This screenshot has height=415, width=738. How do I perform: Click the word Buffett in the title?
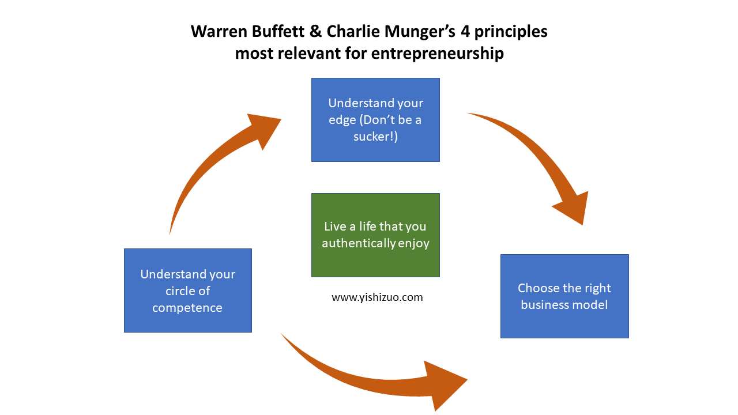278,32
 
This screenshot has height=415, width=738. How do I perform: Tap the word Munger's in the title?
420,32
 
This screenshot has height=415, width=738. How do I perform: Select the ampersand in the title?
315,32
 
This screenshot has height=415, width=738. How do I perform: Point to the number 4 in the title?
465,32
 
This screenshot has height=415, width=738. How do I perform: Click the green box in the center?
375,235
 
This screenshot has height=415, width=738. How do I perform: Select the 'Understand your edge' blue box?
375,120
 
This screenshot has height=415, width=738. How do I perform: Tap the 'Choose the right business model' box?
564,296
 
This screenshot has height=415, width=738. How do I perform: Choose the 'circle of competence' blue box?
188,290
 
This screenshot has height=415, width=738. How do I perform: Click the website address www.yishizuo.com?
377,297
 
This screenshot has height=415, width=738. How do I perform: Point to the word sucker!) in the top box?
375,137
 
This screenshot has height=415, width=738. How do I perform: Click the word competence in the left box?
187,308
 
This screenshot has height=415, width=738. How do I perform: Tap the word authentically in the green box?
359,243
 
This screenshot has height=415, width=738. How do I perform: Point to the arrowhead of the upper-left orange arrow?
263,129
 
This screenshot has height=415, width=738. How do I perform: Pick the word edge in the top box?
342,120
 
